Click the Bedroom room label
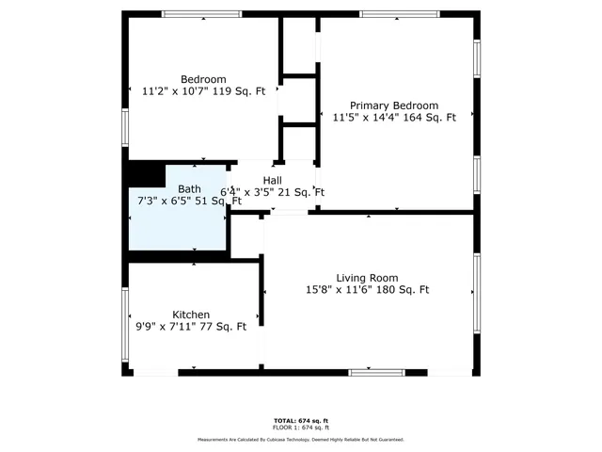(203, 79)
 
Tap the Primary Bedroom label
(394, 105)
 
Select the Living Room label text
(367, 278)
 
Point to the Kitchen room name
(191, 315)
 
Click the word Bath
(189, 189)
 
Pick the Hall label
(273, 181)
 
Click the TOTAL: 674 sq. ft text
(301, 420)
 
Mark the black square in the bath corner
(146, 175)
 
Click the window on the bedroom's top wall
(201, 14)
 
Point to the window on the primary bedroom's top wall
(400, 14)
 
